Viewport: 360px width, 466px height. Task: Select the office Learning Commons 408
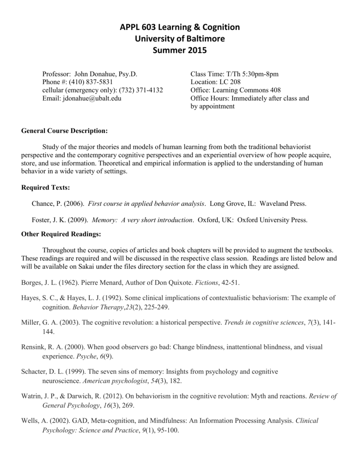pos(248,90)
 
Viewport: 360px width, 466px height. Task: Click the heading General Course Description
pos(65,131)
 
